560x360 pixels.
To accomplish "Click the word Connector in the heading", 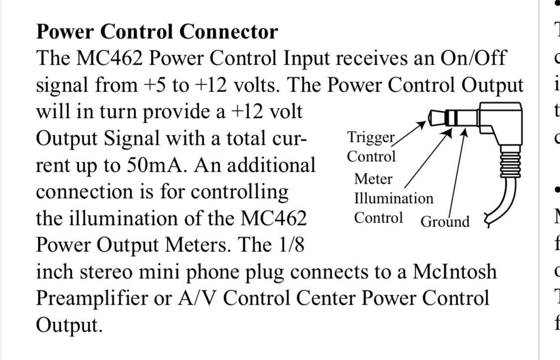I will [228, 32].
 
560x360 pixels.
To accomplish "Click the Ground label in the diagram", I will [445, 222].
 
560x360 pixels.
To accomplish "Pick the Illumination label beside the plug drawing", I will [394, 199].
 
